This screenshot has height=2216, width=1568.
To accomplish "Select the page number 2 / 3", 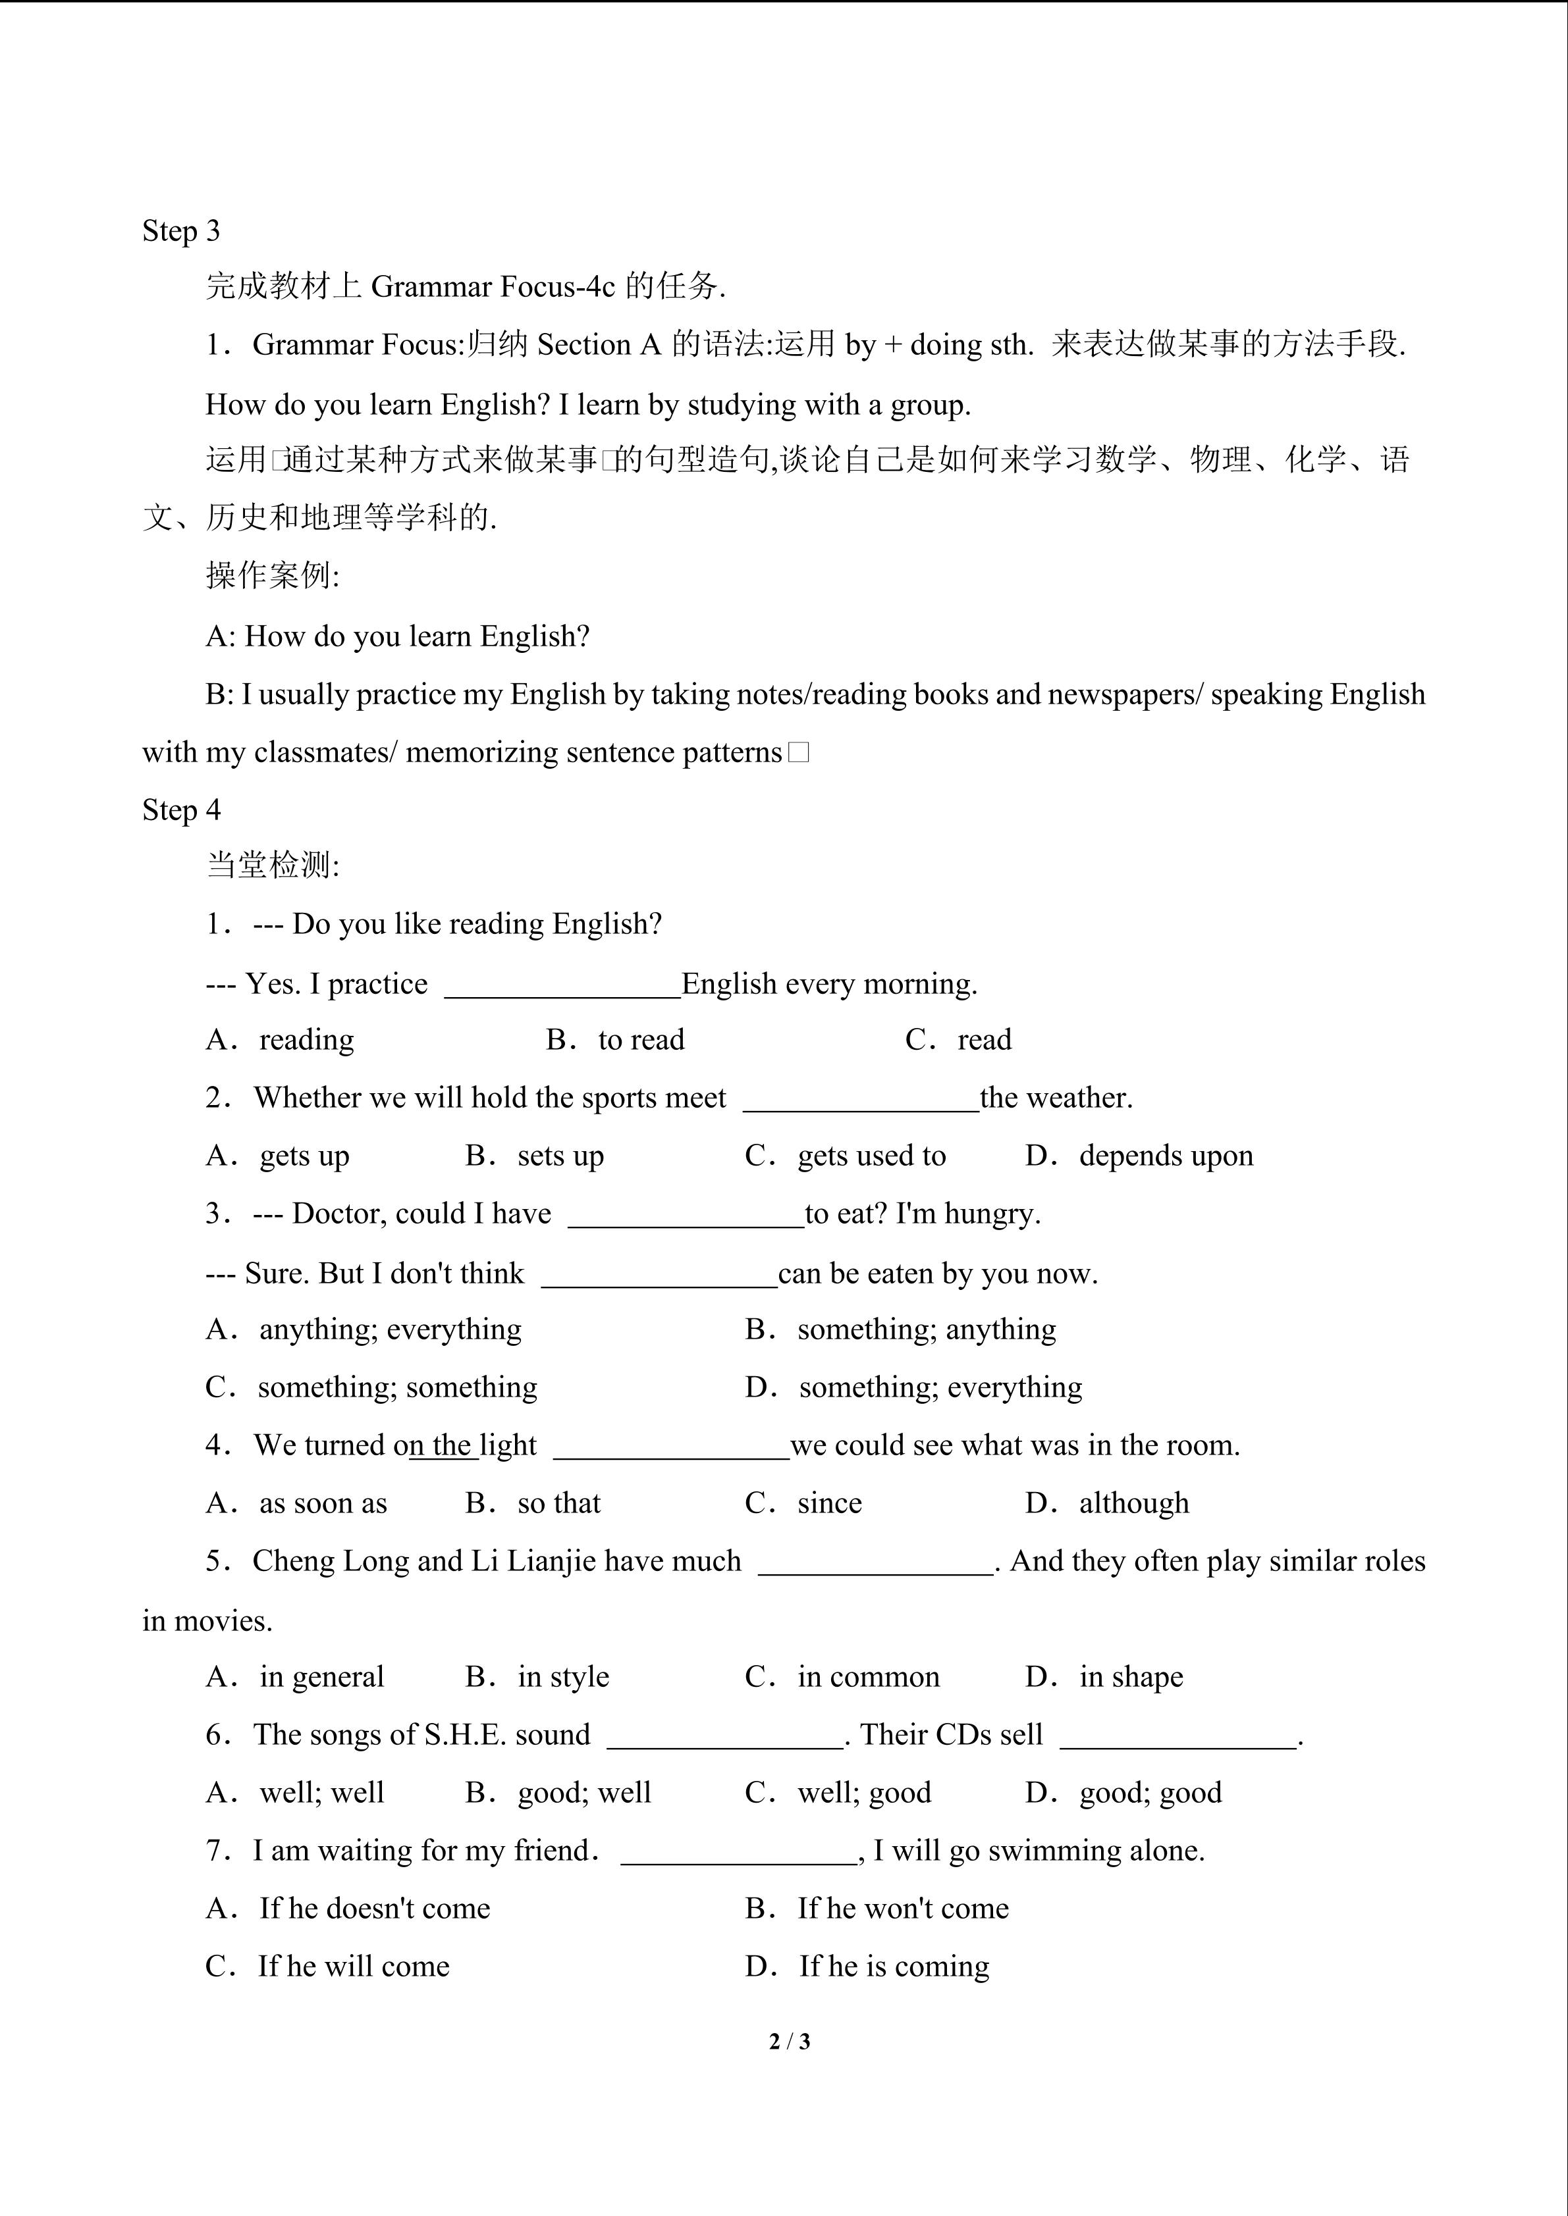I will [789, 2042].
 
